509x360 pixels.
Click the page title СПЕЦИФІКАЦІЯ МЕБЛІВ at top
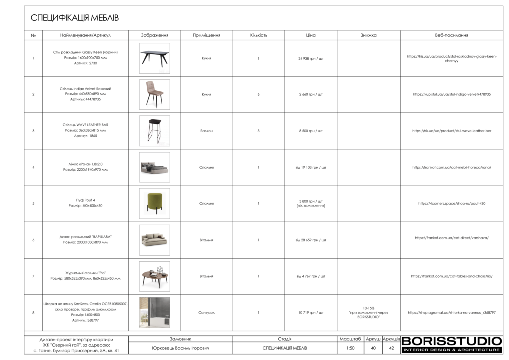coord(75,18)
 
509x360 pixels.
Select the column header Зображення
coord(154,36)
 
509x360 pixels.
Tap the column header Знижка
coord(368,36)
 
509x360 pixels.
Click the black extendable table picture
coord(154,58)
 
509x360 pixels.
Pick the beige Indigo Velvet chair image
coord(154,94)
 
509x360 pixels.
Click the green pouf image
coord(154,203)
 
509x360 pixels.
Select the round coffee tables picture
coord(154,276)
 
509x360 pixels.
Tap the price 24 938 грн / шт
coord(311,58)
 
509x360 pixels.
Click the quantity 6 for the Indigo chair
coord(259,94)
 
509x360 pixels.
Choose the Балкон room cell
coord(206,131)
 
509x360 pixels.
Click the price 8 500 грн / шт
coord(311,131)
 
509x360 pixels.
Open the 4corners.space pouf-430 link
coord(451,203)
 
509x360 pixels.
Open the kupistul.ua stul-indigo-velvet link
coord(451,94)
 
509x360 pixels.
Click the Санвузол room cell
coord(206,312)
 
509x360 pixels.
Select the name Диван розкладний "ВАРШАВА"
coord(85,237)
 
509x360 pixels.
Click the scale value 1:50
coord(350,348)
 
